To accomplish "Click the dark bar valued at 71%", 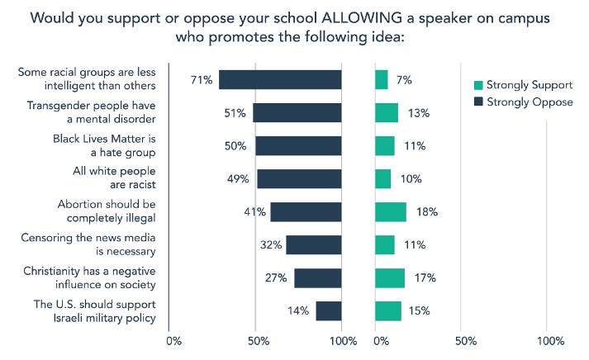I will click(x=280, y=79).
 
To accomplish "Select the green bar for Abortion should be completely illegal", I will click(x=390, y=211).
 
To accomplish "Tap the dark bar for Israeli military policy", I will click(x=328, y=310).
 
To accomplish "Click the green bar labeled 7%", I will click(x=381, y=79).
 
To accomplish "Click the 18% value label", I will click(x=427, y=211).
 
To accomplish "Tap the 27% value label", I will click(x=277, y=277).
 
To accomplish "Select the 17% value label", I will click(x=425, y=277).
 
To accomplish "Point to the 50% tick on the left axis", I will click(x=258, y=341).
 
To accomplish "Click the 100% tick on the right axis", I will click(x=550, y=341).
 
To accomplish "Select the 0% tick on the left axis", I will click(x=173, y=341).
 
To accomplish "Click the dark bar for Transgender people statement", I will click(x=297, y=113).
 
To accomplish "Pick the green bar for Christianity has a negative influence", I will click(x=389, y=277).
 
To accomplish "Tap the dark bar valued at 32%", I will click(x=313, y=244).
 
